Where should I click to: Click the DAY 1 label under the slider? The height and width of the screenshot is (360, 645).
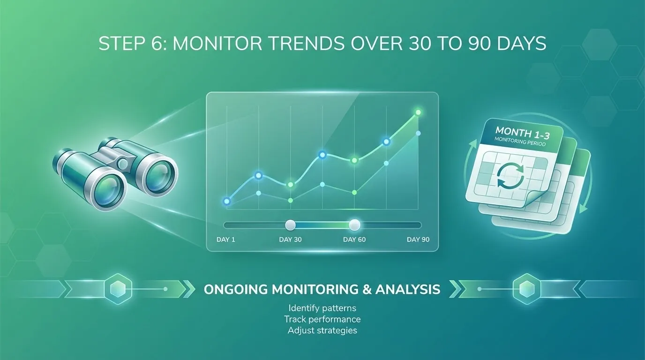(225, 240)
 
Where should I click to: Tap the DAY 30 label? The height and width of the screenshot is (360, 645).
(290, 240)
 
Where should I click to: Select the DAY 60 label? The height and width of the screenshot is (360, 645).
(354, 240)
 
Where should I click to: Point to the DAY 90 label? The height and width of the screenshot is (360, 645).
(418, 240)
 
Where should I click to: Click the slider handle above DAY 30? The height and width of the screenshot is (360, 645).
(291, 225)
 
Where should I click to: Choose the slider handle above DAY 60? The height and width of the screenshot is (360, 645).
(355, 225)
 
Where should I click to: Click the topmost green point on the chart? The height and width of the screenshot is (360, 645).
(418, 112)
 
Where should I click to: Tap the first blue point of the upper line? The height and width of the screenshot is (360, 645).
(227, 201)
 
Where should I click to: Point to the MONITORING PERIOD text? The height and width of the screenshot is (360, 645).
(520, 142)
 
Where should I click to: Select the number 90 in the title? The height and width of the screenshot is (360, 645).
(476, 44)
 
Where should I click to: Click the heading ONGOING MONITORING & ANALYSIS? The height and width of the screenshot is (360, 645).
(322, 289)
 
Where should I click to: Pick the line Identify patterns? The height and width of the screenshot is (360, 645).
(322, 308)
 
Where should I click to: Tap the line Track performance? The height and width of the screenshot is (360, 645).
(322, 319)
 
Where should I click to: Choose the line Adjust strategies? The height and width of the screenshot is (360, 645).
(322, 330)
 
